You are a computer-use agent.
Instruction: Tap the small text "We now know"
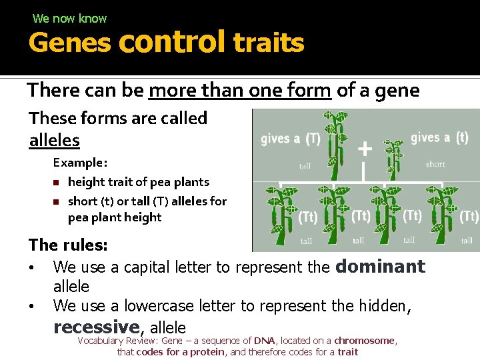point(69,19)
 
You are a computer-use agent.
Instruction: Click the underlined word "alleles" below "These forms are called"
point(54,141)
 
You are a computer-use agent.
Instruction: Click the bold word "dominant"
point(380,267)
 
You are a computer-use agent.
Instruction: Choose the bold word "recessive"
point(96,327)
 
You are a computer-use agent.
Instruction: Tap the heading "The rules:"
point(68,245)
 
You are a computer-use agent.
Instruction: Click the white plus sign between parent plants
point(365,148)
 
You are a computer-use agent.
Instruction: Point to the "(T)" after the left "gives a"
point(312,139)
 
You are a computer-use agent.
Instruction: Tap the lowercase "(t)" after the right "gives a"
point(461,137)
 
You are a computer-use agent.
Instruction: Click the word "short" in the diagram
point(435,164)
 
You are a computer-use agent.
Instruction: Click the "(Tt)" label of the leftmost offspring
point(307,217)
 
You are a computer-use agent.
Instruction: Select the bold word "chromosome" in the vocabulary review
point(365,341)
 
